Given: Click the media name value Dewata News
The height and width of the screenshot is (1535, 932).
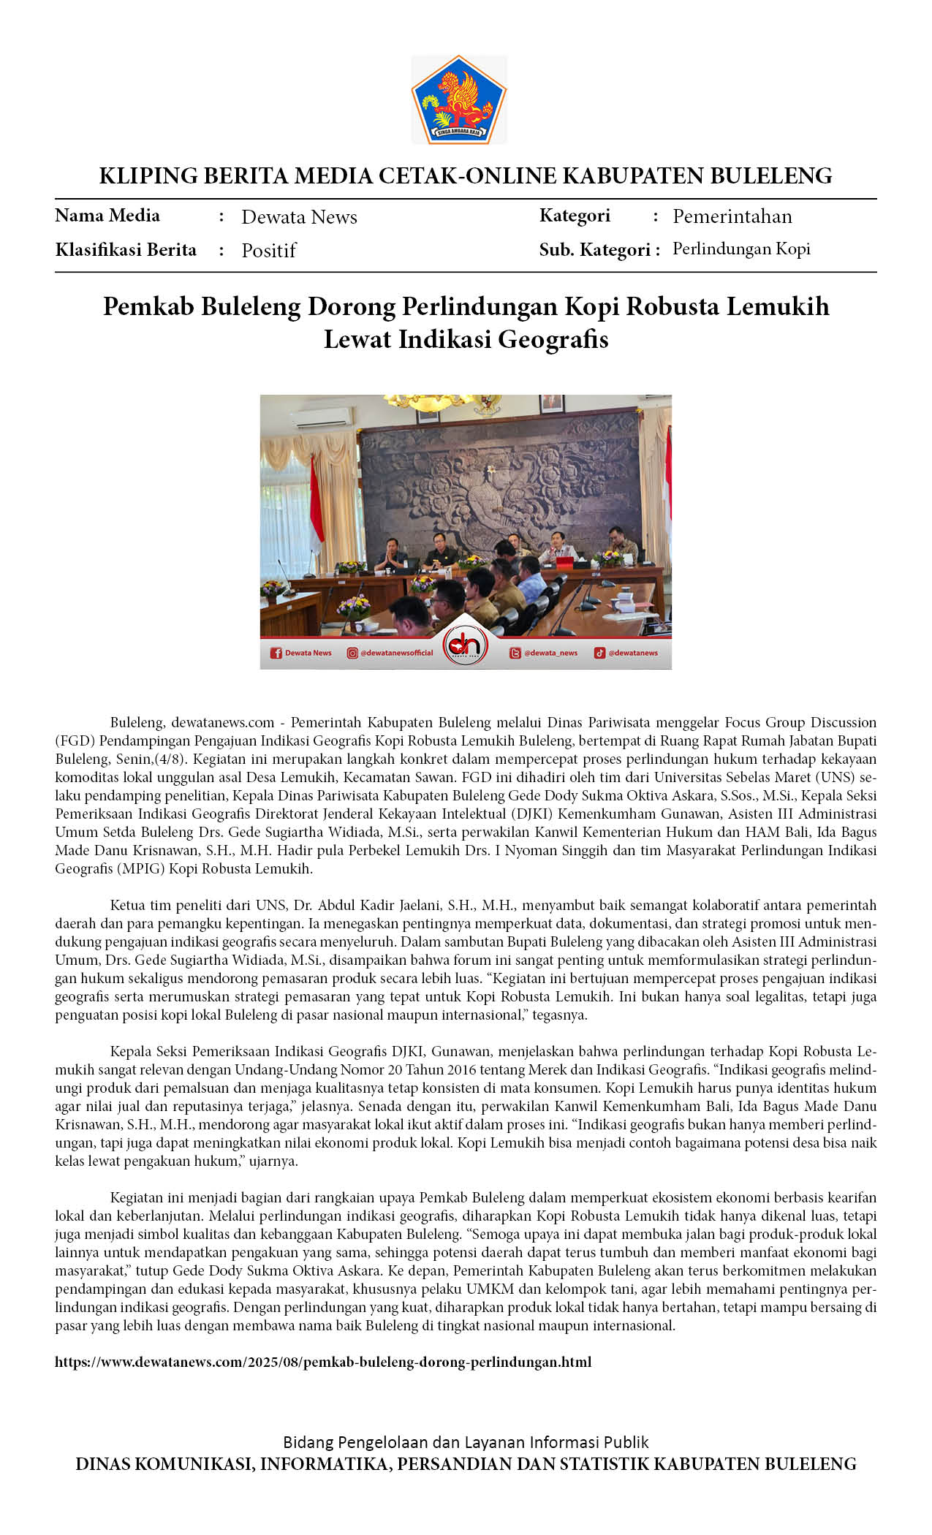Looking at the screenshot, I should click(299, 217).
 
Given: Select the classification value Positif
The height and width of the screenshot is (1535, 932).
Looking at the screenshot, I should click(268, 251).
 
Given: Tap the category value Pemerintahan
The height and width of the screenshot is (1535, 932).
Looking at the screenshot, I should click(732, 216).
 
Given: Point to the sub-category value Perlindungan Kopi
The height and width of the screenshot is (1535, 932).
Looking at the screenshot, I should click(741, 249).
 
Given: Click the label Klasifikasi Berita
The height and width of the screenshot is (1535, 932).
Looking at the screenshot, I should click(126, 250).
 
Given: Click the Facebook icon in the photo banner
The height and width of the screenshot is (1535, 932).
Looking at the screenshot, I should click(276, 653).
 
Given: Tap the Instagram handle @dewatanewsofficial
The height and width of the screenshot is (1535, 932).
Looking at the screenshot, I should click(396, 653).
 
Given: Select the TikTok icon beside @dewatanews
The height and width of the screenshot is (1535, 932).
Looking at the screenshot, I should click(599, 653).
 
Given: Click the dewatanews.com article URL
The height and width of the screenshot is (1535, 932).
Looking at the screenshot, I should click(323, 1362).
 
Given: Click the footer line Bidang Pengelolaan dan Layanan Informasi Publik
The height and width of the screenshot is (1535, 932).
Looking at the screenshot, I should click(466, 1442).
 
